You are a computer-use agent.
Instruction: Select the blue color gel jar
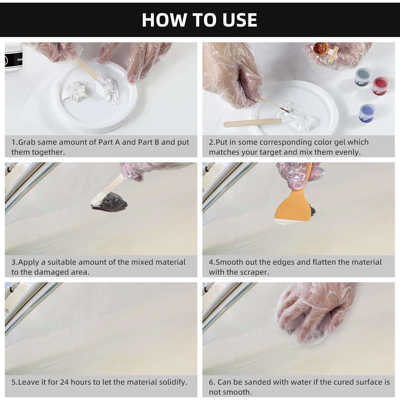[367, 113]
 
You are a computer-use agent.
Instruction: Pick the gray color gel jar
[363, 77]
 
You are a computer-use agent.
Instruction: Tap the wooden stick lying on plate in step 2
[251, 123]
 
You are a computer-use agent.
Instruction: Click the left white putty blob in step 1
[74, 92]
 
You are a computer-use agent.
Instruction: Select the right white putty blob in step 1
[109, 89]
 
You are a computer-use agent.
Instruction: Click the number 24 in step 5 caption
[65, 382]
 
